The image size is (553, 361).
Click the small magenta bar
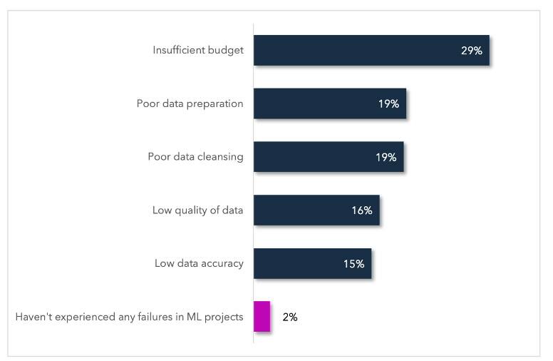tap(262, 317)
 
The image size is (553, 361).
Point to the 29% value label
tap(472, 51)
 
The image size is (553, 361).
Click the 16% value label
tap(361, 210)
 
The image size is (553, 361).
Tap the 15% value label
tap(353, 263)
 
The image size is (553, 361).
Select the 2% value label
tap(290, 317)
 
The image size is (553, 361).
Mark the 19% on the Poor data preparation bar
tap(388, 104)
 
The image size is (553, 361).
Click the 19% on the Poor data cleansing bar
tap(386, 157)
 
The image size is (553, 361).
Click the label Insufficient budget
tap(198, 51)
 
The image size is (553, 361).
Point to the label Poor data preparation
tap(190, 104)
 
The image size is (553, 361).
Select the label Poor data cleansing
tap(195, 157)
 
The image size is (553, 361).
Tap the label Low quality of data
tap(198, 210)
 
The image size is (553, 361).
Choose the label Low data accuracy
tap(199, 263)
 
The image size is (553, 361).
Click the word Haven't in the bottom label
tap(33, 317)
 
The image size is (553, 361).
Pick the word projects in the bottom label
tap(224, 317)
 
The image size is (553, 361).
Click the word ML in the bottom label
tap(192, 317)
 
